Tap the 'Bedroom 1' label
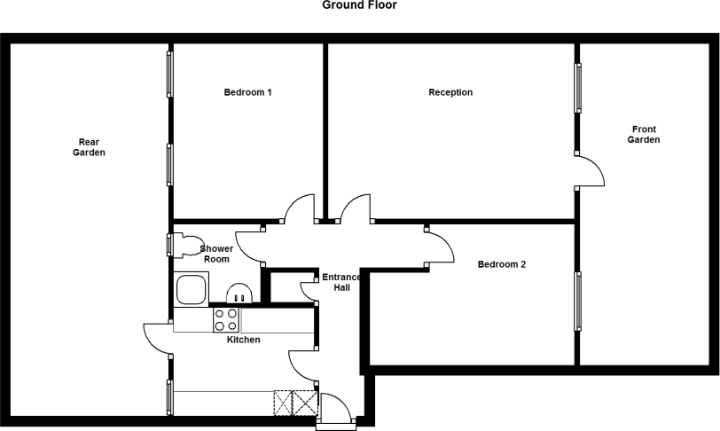(x=247, y=92)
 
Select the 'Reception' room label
(x=450, y=92)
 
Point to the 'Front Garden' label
(x=644, y=134)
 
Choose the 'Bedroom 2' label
(x=502, y=264)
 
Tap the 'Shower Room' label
(x=216, y=254)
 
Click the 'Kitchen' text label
(x=243, y=340)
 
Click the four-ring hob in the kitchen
(x=225, y=319)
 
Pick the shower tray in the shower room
(x=191, y=289)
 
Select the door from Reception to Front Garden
(x=591, y=170)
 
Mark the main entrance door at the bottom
(x=334, y=411)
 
